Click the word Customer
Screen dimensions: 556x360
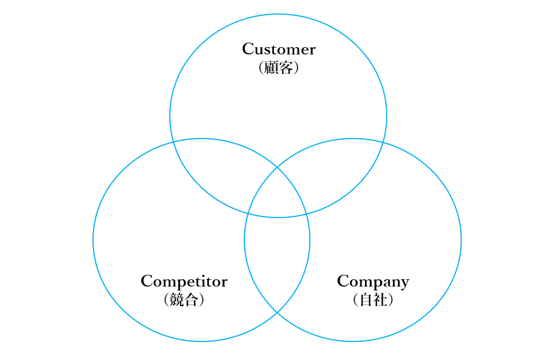279,49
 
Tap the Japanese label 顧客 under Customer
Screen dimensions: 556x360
279,67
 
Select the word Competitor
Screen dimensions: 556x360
184,281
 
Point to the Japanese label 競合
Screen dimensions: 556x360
184,299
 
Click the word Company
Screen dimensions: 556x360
373,281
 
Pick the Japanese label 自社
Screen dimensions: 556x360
373,299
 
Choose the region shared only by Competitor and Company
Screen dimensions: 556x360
277,262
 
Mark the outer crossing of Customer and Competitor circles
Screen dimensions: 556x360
173,142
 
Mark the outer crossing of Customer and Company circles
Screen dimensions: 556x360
383,142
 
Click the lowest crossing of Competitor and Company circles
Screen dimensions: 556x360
277,313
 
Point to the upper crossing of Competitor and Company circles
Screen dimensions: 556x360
277,167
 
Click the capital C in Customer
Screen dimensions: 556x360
248,49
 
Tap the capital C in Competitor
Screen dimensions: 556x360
147,281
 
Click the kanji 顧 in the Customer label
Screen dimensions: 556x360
271,67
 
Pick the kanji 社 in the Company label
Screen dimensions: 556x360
381,299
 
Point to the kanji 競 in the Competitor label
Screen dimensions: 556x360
177,299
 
